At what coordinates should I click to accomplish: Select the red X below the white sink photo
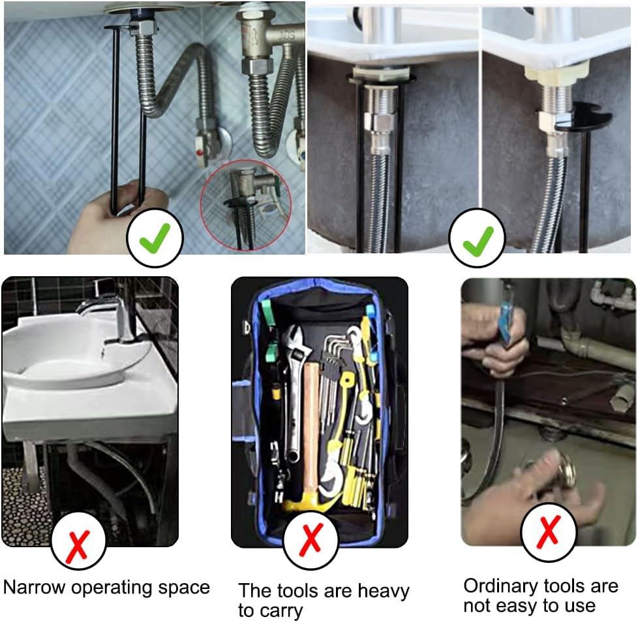click(78, 541)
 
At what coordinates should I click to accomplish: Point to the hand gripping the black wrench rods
click(104, 219)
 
